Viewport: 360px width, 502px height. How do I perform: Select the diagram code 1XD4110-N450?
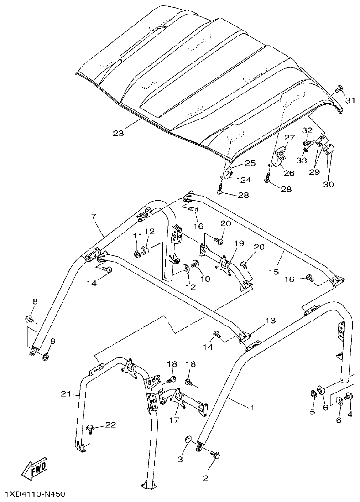[36, 494]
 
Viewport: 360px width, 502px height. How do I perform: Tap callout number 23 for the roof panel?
[118, 134]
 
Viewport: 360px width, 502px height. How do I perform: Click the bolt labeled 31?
[339, 88]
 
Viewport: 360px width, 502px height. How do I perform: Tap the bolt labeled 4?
[350, 396]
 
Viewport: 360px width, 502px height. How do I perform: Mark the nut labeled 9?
[47, 356]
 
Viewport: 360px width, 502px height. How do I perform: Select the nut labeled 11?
[137, 254]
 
